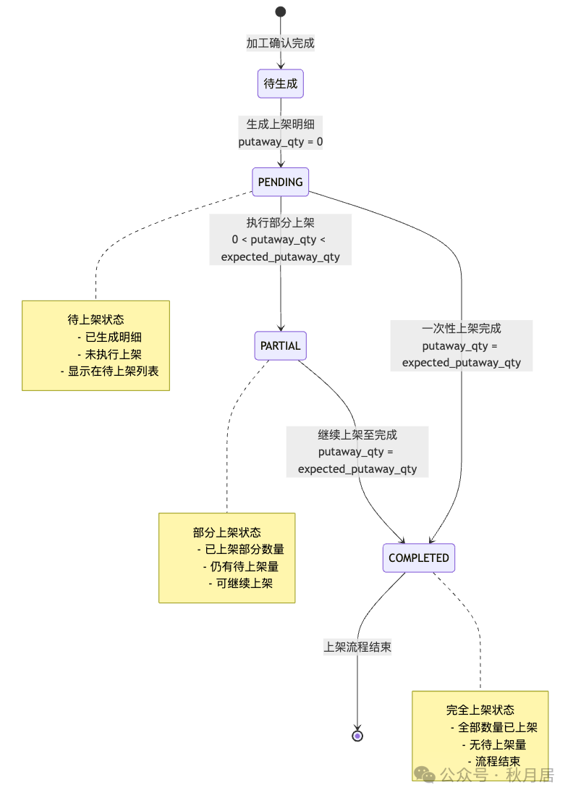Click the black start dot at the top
click(x=281, y=12)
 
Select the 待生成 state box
click(x=281, y=84)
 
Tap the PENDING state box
click(x=281, y=182)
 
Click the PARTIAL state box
click(x=281, y=346)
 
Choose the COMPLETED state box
click(x=419, y=558)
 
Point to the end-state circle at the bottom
click(x=357, y=736)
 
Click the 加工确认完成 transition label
click(x=281, y=43)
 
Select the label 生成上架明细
click(x=281, y=124)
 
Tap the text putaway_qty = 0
click(x=281, y=142)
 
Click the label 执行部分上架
click(x=281, y=222)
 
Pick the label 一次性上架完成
click(x=462, y=328)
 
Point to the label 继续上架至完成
click(x=357, y=434)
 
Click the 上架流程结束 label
click(x=357, y=647)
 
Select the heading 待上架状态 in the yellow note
click(x=95, y=319)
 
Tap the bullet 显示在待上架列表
click(x=109, y=371)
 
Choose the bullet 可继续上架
click(x=240, y=584)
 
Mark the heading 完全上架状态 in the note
click(x=480, y=710)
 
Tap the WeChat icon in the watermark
click(x=425, y=775)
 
